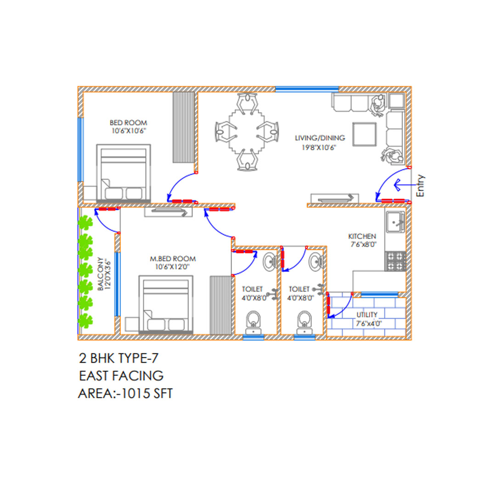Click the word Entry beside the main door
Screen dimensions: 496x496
click(420, 186)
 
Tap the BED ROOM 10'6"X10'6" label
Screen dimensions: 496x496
click(129, 127)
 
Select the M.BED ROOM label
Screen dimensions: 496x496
click(173, 259)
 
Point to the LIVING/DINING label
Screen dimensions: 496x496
click(320, 138)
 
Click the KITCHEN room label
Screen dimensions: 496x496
click(362, 237)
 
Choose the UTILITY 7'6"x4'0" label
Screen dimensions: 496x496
click(368, 319)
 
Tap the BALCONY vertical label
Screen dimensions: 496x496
click(100, 274)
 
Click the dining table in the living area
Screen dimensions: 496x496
click(247, 131)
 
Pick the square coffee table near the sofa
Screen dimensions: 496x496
click(364, 135)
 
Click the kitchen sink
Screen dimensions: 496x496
click(395, 222)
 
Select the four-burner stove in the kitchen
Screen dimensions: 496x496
click(395, 261)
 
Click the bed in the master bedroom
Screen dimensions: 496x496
click(166, 304)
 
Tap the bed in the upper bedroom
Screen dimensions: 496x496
click(124, 173)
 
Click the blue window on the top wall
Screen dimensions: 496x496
click(307, 89)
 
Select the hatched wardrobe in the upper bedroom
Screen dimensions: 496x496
click(183, 127)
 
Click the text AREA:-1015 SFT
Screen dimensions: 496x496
click(125, 394)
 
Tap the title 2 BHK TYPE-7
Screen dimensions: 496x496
click(118, 358)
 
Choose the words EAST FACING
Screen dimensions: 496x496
click(121, 376)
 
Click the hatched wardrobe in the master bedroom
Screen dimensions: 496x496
click(220, 305)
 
